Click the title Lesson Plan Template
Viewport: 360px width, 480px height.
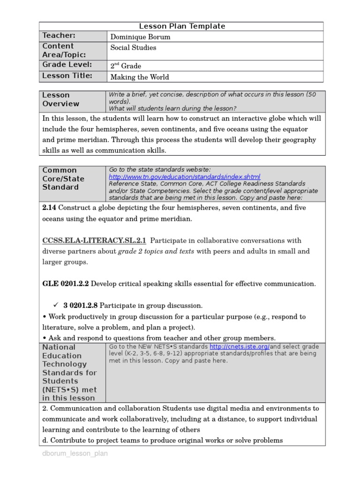coord(182,26)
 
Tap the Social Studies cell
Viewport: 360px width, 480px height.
coord(133,48)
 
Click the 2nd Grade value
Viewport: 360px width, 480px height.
coord(125,66)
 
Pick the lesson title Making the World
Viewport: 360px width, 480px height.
coord(139,77)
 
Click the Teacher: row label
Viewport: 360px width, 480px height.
coord(59,36)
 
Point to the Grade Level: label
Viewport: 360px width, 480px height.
coord(67,65)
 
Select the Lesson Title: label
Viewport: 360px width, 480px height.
coord(67,76)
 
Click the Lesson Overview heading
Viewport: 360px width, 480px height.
coord(61,99)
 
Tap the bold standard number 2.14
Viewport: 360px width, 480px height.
coord(49,208)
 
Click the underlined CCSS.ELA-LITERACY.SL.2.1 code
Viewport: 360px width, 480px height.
coord(94,240)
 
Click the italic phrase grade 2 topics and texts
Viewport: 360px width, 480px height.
coord(156,251)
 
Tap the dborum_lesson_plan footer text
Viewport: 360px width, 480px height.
coord(75,454)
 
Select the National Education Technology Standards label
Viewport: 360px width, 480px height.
coord(69,373)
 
